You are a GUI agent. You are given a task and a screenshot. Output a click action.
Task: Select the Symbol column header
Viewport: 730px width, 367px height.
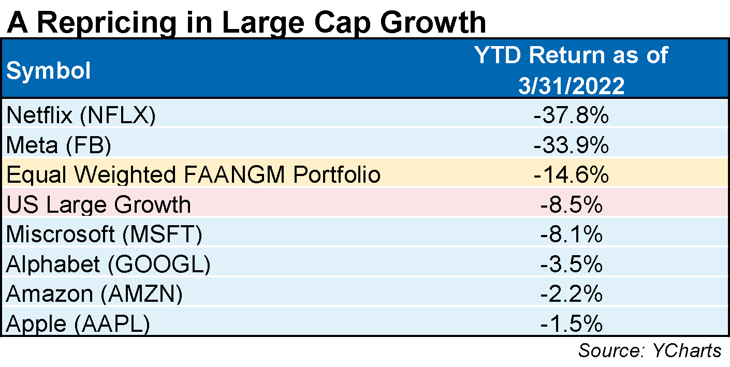[x=48, y=71]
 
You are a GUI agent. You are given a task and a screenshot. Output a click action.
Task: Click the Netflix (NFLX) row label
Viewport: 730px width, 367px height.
[x=80, y=115]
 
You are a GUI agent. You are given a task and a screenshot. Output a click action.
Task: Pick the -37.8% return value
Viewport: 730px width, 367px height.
[x=571, y=115]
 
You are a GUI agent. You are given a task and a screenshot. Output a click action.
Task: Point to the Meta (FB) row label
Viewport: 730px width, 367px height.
[x=59, y=146]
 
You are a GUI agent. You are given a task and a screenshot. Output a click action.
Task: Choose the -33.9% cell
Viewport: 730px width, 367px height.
[x=571, y=146]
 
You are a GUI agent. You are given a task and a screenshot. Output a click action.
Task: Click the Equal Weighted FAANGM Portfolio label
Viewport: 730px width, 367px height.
[x=194, y=175]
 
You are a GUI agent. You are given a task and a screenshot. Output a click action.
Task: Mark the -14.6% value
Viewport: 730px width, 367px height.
[x=571, y=175]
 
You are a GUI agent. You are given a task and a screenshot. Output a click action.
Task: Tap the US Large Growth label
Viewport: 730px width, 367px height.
[x=98, y=205]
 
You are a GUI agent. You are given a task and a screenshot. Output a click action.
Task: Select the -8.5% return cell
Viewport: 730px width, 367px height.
[x=571, y=205]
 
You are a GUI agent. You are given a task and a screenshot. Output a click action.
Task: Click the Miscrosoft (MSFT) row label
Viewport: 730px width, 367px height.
[x=104, y=234]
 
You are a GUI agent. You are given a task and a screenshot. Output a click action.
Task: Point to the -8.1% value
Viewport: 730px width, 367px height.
[x=571, y=234]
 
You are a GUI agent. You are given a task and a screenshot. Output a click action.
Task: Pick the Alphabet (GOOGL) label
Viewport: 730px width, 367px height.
[x=108, y=264]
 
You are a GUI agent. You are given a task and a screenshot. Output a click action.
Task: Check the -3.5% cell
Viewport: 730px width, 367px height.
[x=571, y=264]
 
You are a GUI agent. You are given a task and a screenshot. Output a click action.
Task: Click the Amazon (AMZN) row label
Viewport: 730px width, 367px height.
[x=94, y=294]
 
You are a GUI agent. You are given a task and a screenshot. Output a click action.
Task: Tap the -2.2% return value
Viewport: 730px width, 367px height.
[x=571, y=294]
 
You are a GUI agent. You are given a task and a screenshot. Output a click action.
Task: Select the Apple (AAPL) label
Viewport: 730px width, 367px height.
[x=78, y=324]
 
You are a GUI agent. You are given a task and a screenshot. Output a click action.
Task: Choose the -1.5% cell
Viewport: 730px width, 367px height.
[x=571, y=324]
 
